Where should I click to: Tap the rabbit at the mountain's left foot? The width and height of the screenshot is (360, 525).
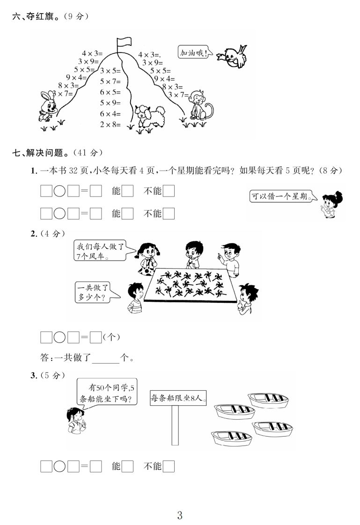[x=48, y=105]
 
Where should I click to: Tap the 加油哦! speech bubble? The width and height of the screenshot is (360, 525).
[x=192, y=53]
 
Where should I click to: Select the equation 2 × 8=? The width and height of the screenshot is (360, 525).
[x=110, y=124]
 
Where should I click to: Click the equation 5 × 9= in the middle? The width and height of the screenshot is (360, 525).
[x=110, y=102]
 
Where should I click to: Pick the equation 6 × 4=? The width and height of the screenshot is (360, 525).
[x=110, y=114]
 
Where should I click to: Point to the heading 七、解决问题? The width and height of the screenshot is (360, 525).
[x=40, y=153]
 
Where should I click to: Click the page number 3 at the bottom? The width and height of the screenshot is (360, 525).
[x=180, y=516]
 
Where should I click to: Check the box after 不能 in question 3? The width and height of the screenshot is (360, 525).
[x=169, y=467]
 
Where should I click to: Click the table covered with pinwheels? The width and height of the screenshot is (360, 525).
[x=190, y=286]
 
